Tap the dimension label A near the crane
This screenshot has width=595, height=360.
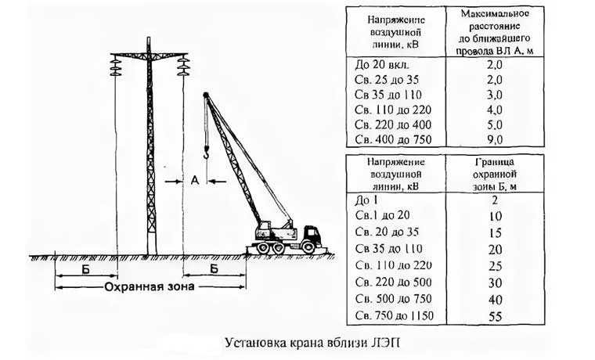click(x=195, y=181)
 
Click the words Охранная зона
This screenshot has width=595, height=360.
click(x=150, y=286)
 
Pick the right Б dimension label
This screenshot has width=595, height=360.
click(x=214, y=268)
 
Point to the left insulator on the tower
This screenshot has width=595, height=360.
click(x=115, y=65)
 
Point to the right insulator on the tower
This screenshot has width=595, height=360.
click(x=183, y=65)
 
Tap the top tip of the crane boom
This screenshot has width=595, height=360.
click(x=206, y=94)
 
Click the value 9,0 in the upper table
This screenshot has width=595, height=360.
click(x=495, y=139)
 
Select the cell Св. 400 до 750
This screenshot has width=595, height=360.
click(x=393, y=139)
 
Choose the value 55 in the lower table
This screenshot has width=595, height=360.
click(x=496, y=316)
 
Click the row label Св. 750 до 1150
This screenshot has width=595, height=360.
click(x=395, y=315)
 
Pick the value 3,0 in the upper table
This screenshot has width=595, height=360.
click(x=495, y=95)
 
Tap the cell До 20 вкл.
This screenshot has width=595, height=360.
click(x=382, y=64)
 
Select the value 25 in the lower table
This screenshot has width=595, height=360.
click(x=496, y=266)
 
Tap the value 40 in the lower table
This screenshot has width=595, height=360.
click(x=496, y=300)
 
